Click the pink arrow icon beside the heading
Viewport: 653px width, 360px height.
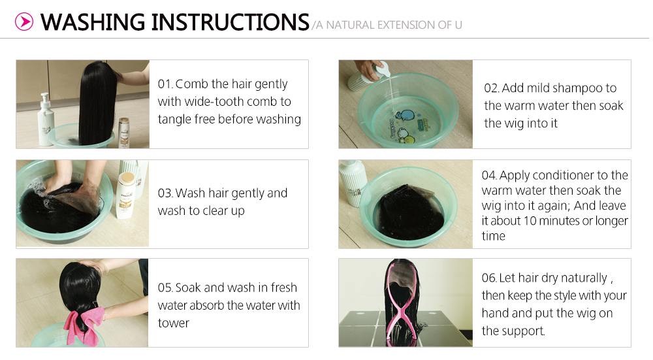(24, 22)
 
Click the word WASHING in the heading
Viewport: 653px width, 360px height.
(93, 22)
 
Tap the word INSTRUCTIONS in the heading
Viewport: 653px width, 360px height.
(231, 22)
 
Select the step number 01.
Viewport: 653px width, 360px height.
(165, 84)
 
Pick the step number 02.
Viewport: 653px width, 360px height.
(492, 88)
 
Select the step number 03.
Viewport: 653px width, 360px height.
(165, 193)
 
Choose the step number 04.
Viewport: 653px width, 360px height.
(489, 175)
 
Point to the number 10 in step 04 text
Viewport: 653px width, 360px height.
(530, 221)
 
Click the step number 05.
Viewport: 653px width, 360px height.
(165, 288)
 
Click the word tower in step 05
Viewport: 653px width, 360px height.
(174, 323)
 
